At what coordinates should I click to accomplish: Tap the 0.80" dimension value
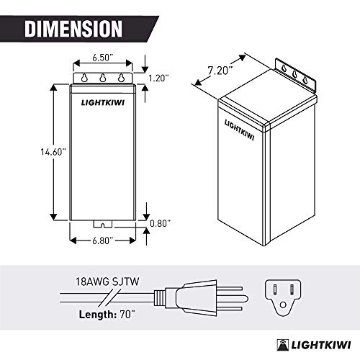pos(158,223)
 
